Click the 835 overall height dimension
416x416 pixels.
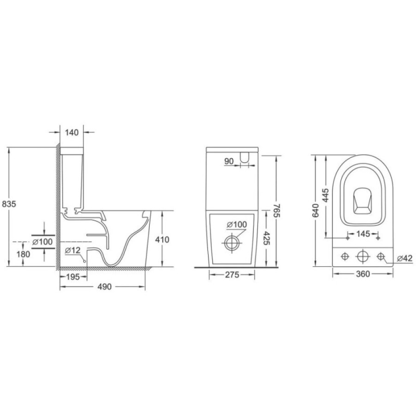9,204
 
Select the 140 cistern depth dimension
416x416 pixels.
72,132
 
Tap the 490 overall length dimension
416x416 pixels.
104,287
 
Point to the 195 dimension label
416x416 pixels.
73,277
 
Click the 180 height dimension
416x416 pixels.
24,254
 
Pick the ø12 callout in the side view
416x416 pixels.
73,250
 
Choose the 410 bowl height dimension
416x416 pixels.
162,239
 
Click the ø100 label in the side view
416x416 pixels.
43,242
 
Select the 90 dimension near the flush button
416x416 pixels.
229,161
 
